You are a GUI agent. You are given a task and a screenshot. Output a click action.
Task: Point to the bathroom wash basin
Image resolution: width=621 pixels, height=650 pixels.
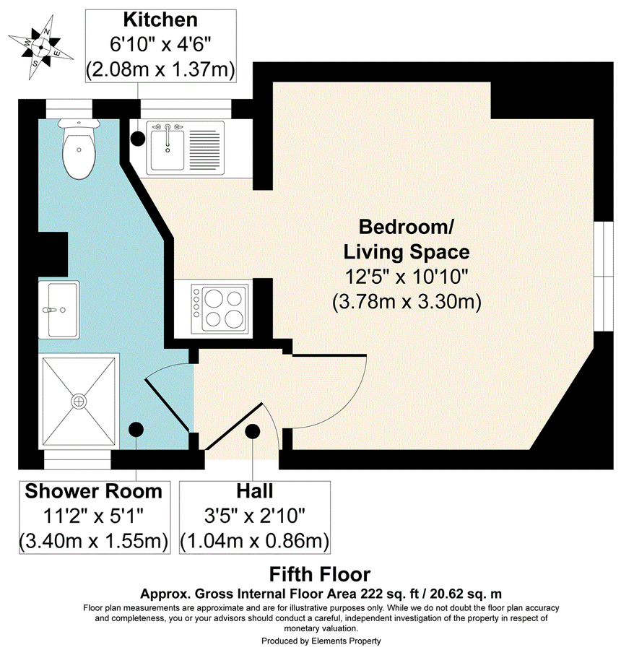61,309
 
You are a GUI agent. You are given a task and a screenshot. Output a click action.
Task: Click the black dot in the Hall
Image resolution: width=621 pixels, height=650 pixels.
252,432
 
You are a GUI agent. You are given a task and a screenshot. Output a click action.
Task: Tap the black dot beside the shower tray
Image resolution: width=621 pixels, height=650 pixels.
135,430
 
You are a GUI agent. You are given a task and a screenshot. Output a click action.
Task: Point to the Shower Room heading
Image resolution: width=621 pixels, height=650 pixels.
94,492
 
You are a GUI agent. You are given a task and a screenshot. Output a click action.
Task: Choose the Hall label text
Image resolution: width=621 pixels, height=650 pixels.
254,492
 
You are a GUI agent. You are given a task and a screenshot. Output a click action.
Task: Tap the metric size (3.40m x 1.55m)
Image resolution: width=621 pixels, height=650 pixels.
94,539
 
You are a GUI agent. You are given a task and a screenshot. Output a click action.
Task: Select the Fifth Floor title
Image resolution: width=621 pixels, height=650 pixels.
320,575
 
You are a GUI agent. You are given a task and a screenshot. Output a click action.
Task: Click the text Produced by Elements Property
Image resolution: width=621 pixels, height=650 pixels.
320,641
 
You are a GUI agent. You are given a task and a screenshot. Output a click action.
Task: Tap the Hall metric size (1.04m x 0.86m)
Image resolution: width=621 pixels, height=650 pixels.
254,539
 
